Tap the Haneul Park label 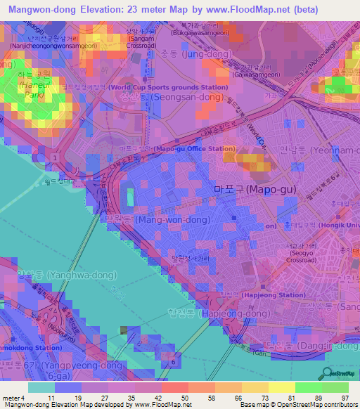(x=19, y=89)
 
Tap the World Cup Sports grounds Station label (x=169, y=87)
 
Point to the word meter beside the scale (x=13, y=397)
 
